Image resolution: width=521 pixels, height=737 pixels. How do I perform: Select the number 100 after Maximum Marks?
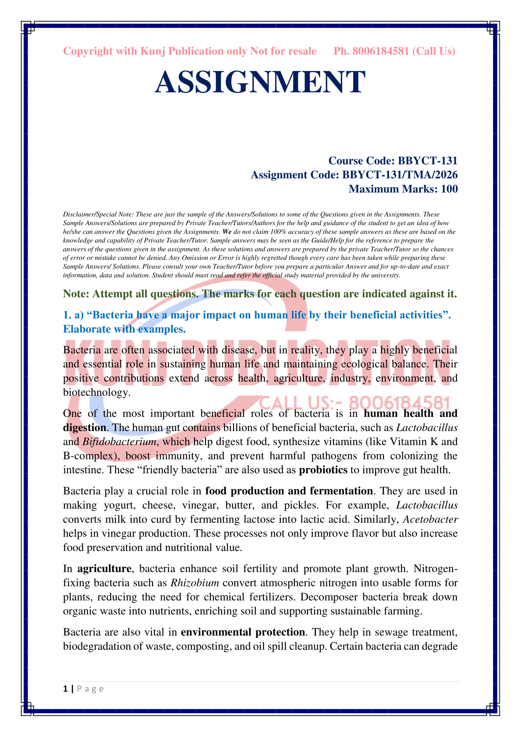[x=449, y=189]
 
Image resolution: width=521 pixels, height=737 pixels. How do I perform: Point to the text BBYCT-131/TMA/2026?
[x=400, y=175]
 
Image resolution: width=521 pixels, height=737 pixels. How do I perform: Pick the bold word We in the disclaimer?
[x=227, y=232]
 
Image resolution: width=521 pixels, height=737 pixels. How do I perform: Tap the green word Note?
[x=76, y=294]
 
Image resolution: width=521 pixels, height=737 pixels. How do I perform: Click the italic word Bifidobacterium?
[x=119, y=442]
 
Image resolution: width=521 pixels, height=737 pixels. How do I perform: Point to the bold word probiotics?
[x=323, y=470]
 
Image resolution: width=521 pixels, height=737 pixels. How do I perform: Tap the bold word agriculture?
[x=104, y=569]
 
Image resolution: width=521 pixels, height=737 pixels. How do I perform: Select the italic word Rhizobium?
[x=194, y=583]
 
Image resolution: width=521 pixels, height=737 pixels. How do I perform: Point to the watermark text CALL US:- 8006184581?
[x=354, y=403]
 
